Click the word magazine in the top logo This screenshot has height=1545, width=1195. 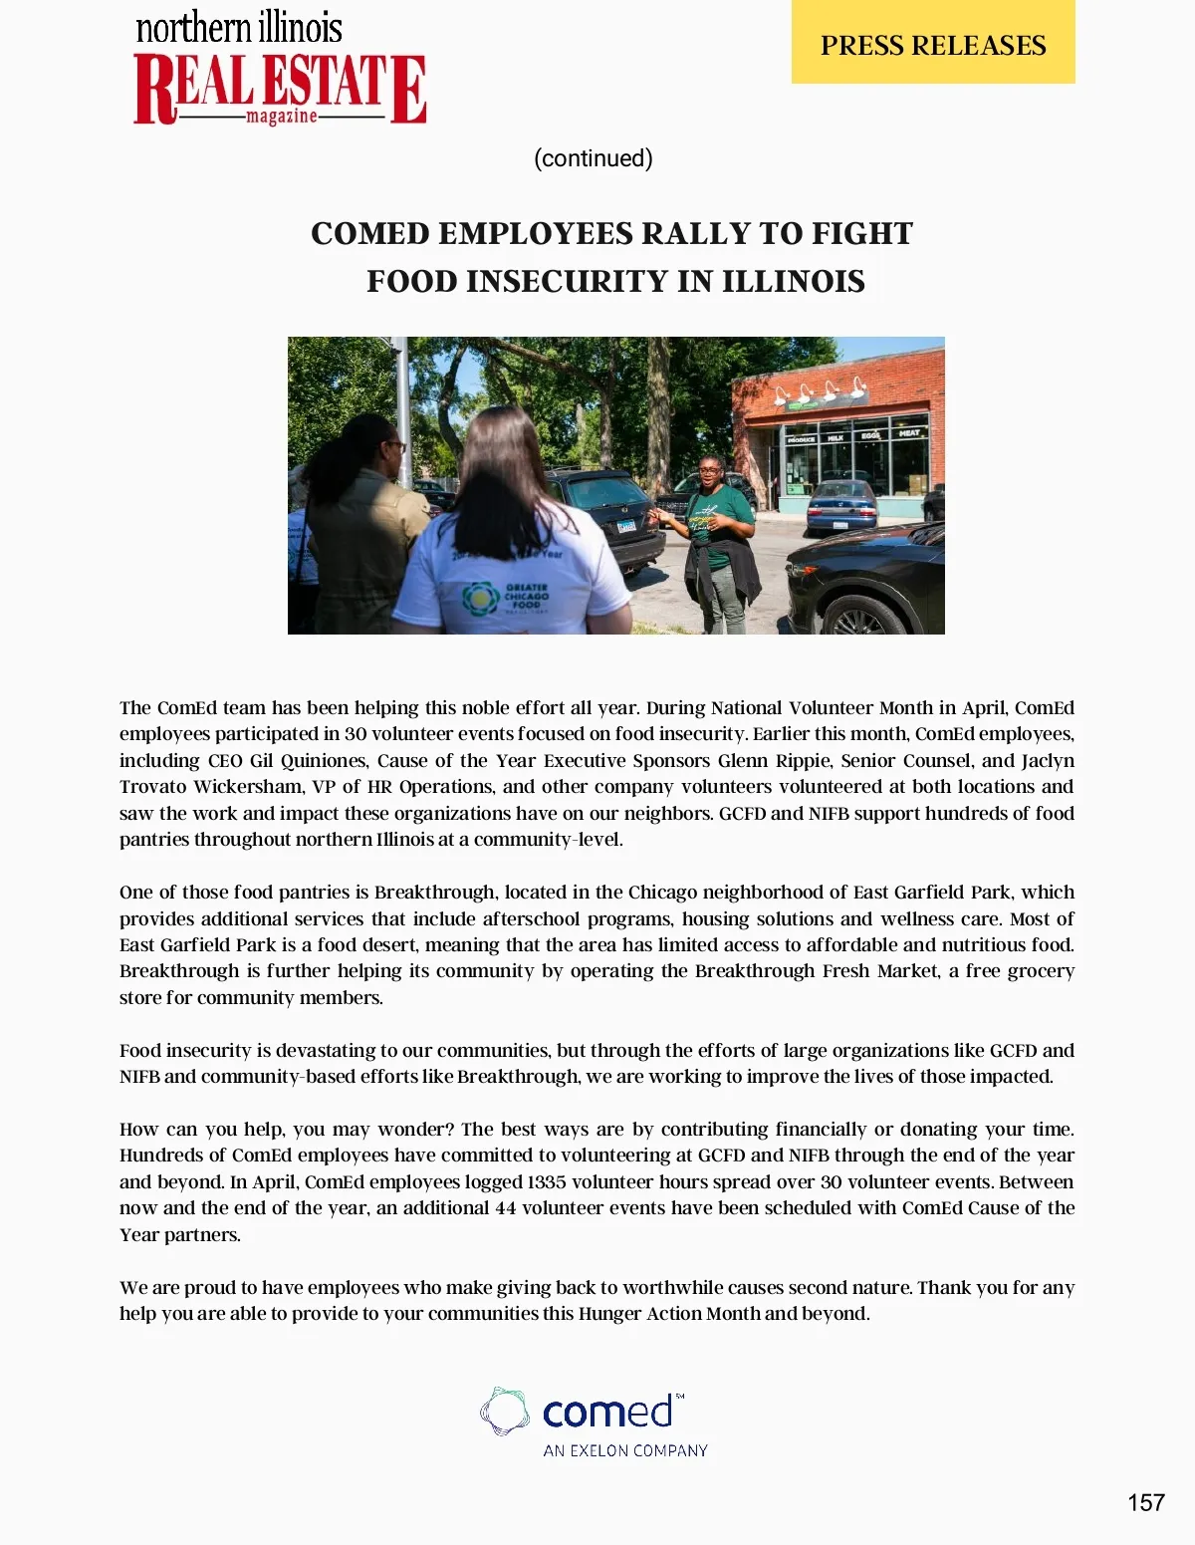coord(282,117)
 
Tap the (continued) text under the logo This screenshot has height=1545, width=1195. coord(594,158)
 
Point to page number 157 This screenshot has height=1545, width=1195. coord(1145,1502)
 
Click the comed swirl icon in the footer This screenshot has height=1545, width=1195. coord(505,1412)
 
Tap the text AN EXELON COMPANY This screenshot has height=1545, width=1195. coord(625,1450)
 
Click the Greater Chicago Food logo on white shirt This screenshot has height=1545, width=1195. coord(481,599)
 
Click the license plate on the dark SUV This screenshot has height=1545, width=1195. coord(626,526)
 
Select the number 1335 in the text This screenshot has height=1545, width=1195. coord(547,1182)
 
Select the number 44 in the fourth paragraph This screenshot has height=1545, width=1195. coord(505,1208)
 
